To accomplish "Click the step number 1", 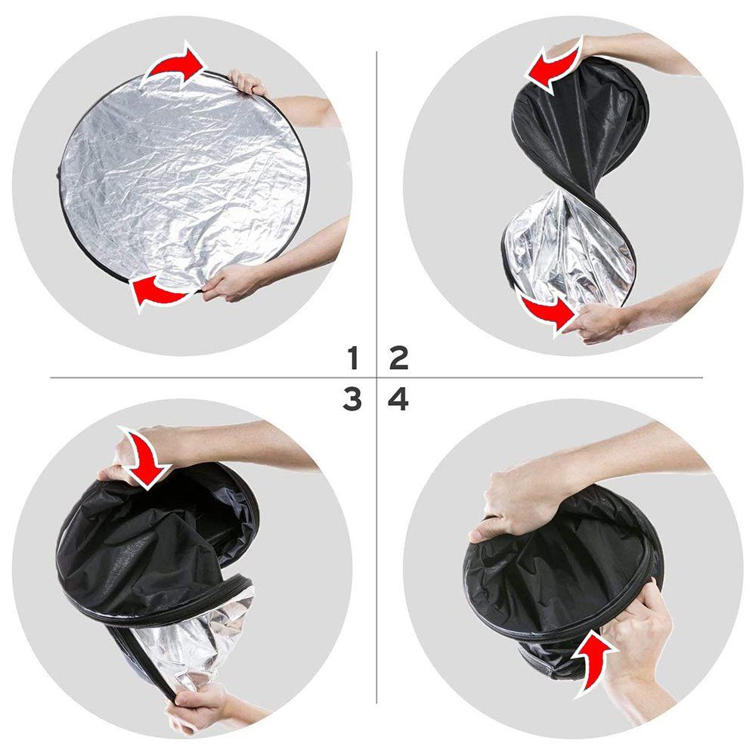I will [x=352, y=357].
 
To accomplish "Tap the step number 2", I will [x=398, y=357].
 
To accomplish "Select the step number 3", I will [x=352, y=399].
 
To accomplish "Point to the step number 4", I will [x=398, y=399].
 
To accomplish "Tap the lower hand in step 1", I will [x=231, y=281].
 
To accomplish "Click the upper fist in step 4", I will [x=514, y=499].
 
